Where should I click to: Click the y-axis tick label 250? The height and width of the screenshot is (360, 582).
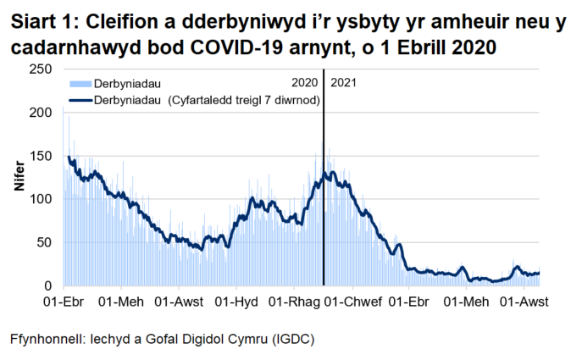click(x=40, y=69)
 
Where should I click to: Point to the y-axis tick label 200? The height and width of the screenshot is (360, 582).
click(x=40, y=112)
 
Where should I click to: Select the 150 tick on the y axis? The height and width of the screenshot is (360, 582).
click(x=40, y=156)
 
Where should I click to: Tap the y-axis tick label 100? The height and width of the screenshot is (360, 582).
click(x=40, y=199)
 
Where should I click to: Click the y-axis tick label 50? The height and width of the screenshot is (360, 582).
click(x=44, y=242)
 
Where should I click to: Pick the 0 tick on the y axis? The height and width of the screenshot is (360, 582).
click(x=48, y=285)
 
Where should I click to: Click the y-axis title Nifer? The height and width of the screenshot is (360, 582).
click(x=19, y=177)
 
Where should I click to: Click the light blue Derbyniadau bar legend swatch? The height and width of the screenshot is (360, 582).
click(x=78, y=84)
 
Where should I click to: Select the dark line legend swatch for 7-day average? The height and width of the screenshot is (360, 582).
click(x=78, y=99)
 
